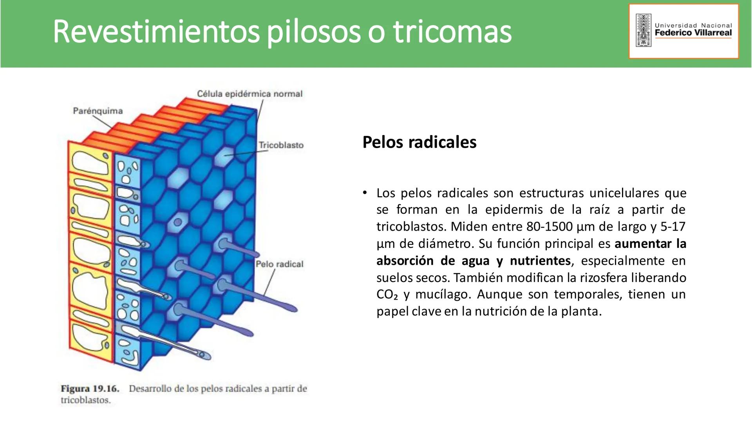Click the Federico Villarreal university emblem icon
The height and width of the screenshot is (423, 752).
(643, 30)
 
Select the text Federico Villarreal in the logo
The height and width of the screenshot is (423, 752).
(693, 33)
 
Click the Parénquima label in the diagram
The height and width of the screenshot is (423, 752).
(98, 111)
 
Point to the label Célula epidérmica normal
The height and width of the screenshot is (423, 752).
(249, 94)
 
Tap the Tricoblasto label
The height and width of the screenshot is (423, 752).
(281, 145)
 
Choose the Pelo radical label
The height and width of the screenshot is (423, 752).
(279, 264)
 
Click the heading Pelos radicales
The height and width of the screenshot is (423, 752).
(419, 142)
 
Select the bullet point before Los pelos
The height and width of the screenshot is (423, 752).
(365, 192)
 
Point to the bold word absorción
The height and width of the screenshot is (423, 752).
(405, 260)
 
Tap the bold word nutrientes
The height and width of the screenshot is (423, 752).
(540, 260)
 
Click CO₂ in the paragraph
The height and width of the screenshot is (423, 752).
(387, 295)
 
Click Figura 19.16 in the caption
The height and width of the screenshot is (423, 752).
(90, 389)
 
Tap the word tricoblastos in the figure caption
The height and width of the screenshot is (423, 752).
(86, 400)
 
